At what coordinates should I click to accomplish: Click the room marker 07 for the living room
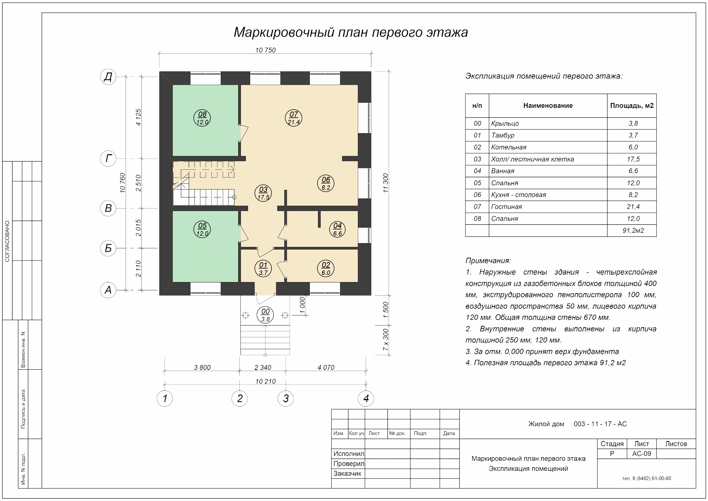pyautogui.click(x=294, y=118)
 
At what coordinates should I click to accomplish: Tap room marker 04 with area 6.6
pyautogui.click(x=337, y=229)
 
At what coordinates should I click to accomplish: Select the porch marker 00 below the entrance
pyautogui.click(x=266, y=315)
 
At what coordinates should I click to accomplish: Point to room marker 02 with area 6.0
pyautogui.click(x=326, y=269)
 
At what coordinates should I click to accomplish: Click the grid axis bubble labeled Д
pyautogui.click(x=108, y=77)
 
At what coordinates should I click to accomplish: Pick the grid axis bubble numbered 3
pyautogui.click(x=286, y=398)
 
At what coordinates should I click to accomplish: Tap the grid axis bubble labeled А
pyautogui.click(x=108, y=290)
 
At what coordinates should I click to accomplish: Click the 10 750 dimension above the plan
pyautogui.click(x=266, y=50)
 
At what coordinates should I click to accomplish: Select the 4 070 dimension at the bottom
pyautogui.click(x=326, y=367)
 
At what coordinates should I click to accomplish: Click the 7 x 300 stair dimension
pyautogui.click(x=386, y=340)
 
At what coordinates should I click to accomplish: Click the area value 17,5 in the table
pyautogui.click(x=633, y=159)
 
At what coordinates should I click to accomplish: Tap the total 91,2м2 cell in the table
pyautogui.click(x=633, y=230)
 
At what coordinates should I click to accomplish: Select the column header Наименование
pyautogui.click(x=548, y=106)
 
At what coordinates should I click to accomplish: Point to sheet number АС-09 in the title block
pyautogui.click(x=642, y=454)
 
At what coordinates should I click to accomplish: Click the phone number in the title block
pyautogui.click(x=647, y=478)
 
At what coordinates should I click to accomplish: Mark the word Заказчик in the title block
pyautogui.click(x=347, y=473)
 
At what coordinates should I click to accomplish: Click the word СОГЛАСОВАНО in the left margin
pyautogui.click(x=8, y=241)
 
